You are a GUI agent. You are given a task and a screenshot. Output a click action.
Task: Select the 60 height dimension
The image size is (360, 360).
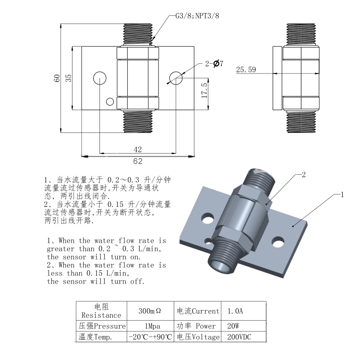(x=56, y=78)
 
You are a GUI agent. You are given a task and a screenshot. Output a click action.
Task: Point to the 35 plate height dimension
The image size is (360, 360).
(x=68, y=78)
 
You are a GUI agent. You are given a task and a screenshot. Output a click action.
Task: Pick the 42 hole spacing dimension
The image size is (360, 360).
(x=138, y=150)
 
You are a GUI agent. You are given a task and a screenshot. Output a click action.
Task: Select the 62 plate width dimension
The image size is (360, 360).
(x=138, y=161)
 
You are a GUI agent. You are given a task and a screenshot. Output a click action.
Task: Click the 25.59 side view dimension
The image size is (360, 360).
(x=246, y=70)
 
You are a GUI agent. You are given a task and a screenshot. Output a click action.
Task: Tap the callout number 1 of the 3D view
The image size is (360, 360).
(x=343, y=195)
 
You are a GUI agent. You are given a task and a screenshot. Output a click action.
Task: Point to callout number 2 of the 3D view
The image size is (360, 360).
(x=303, y=175)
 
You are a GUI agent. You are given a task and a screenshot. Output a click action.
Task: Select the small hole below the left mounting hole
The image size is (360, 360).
(x=110, y=101)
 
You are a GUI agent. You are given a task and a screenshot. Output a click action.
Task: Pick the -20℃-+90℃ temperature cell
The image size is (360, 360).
(x=150, y=337)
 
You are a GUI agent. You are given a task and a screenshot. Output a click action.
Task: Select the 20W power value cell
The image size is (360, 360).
(x=232, y=326)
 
